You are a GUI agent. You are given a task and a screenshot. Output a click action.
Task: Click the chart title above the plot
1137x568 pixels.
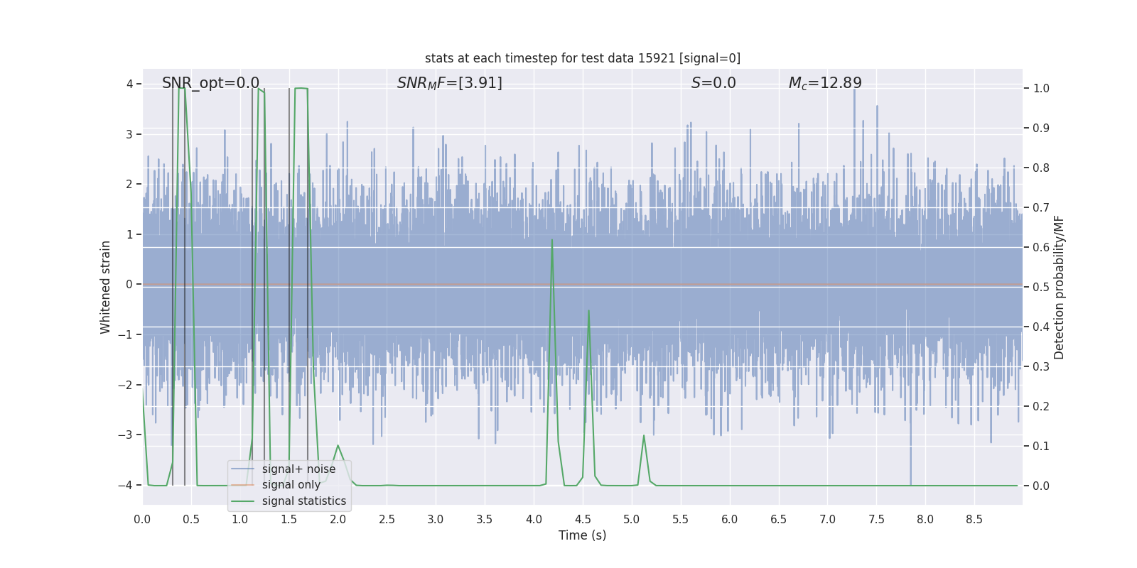pyautogui.click(x=582, y=58)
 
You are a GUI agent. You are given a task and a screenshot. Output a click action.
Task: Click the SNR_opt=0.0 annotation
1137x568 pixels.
pyautogui.click(x=210, y=83)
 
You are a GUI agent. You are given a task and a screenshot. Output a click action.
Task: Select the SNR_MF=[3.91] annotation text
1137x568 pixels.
pyautogui.click(x=449, y=83)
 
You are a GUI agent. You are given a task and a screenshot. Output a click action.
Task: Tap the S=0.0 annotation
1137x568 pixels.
pyautogui.click(x=713, y=83)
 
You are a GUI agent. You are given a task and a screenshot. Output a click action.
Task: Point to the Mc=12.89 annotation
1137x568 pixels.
pyautogui.click(x=824, y=83)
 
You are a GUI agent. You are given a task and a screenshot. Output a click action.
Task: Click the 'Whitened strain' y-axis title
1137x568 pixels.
pyautogui.click(x=106, y=287)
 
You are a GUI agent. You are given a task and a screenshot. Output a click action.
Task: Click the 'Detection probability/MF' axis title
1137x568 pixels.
pyautogui.click(x=1059, y=287)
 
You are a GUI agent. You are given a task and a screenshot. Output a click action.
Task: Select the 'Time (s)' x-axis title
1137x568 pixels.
pyautogui.click(x=582, y=535)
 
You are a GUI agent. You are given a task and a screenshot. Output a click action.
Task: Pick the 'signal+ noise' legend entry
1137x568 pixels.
pyautogui.click(x=298, y=469)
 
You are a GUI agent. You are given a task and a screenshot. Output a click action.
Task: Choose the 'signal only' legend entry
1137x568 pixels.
pyautogui.click(x=291, y=485)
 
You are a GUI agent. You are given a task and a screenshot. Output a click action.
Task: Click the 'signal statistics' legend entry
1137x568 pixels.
pyautogui.click(x=303, y=501)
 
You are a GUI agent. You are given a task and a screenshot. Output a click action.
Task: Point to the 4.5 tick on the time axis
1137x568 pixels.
pyautogui.click(x=583, y=520)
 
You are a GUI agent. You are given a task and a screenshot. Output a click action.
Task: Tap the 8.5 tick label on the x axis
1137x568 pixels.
pyautogui.click(x=974, y=520)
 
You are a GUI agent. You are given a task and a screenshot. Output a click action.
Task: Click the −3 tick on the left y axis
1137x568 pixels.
pyautogui.click(x=129, y=435)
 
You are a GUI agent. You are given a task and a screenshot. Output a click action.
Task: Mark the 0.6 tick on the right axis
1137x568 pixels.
pyautogui.click(x=1040, y=247)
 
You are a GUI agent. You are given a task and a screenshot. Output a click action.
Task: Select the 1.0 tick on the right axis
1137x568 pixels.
pyautogui.click(x=1040, y=89)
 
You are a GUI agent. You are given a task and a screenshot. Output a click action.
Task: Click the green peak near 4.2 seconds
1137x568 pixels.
pyautogui.click(x=552, y=240)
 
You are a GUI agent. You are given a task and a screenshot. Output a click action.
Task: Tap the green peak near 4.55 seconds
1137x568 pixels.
pyautogui.click(x=588, y=311)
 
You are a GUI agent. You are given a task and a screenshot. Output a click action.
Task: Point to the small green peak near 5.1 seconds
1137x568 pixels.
pyautogui.click(x=644, y=436)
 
